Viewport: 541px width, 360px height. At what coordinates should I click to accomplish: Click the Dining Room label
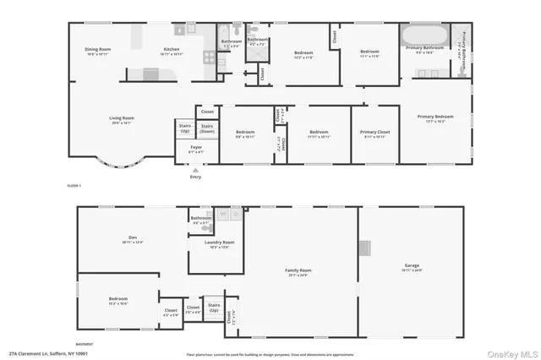tap(98, 49)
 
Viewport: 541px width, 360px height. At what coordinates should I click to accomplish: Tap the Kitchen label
tap(172, 49)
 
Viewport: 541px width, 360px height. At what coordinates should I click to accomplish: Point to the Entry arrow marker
tap(196, 169)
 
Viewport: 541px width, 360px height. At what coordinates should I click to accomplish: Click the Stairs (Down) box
tap(206, 129)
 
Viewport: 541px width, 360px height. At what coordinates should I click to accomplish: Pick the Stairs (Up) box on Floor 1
tap(185, 129)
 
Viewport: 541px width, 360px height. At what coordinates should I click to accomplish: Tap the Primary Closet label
tap(374, 132)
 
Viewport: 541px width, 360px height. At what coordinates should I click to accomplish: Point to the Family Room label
tap(298, 270)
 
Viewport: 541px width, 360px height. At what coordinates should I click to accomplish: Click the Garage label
tap(411, 265)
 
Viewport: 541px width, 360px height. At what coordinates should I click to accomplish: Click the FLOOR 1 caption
tap(74, 185)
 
